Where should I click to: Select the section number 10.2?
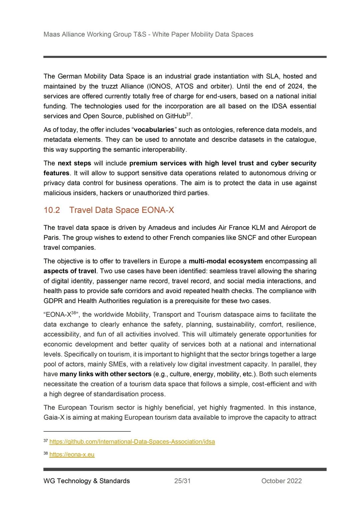[x=52, y=210]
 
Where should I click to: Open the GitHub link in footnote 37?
[x=132, y=442]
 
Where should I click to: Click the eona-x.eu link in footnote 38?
[x=72, y=454]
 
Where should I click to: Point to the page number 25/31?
[x=182, y=481]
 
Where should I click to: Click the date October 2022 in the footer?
[x=281, y=481]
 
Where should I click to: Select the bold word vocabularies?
[x=154, y=130]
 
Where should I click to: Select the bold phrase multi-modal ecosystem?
[x=226, y=261]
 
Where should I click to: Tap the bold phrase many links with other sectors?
[x=106, y=374]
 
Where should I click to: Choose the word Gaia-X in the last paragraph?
[x=54, y=417]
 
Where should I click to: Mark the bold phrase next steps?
[x=74, y=163]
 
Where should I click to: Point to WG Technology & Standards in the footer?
[x=87, y=481]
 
